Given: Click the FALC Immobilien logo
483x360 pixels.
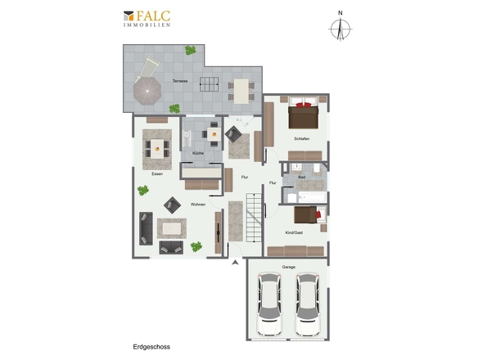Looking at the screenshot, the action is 147,19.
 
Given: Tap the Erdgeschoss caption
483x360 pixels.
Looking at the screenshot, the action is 151,347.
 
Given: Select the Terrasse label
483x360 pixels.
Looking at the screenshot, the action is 180,81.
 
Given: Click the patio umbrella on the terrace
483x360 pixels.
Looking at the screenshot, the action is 147,91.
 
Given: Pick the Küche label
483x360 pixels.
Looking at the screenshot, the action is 198,153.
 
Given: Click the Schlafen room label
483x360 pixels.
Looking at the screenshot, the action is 301,139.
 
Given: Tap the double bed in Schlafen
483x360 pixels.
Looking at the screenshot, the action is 303,113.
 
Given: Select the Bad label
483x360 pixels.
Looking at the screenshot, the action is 301,177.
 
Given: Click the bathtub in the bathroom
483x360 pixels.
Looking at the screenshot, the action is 312,197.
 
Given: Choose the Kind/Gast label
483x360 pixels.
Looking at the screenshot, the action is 294,232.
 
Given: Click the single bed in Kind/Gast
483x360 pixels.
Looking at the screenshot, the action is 310,214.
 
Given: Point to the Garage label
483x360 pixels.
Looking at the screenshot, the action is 289,267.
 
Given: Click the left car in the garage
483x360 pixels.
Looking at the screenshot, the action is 270,304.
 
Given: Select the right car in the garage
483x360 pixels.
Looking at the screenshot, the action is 308,304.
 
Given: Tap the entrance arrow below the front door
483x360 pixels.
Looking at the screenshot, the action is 235,263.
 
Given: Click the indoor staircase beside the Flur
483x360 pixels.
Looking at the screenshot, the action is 254,218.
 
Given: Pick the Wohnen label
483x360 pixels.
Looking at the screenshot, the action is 198,205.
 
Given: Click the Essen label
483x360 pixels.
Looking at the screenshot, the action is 157,173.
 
